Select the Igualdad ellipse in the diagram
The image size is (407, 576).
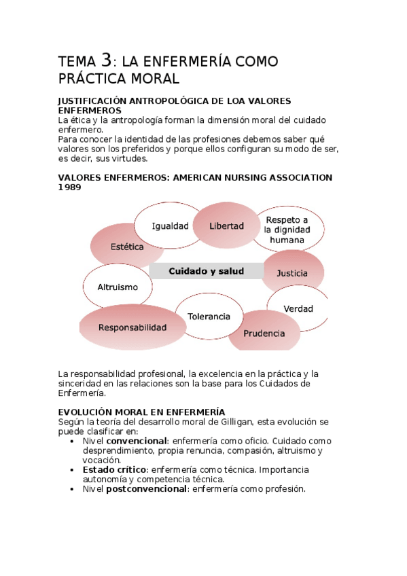coord(170,226)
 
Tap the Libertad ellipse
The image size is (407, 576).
coord(226,226)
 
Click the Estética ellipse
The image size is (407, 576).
coord(127,247)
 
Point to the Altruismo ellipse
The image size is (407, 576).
coord(117,287)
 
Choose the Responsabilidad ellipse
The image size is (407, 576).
coord(132,327)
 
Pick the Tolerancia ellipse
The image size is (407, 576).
coord(208,317)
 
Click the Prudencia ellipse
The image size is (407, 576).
coord(264,333)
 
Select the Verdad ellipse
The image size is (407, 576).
coord(298,308)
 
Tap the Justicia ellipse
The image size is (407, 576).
coord(292,273)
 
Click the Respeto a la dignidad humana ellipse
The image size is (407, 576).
coord(287,230)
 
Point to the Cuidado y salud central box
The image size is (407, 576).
coord(207,271)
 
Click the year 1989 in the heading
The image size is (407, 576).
coord(70,187)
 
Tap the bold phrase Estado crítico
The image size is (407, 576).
coord(114,469)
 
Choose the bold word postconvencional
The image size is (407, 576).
coord(146,489)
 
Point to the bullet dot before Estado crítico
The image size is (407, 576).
coord(73,469)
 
